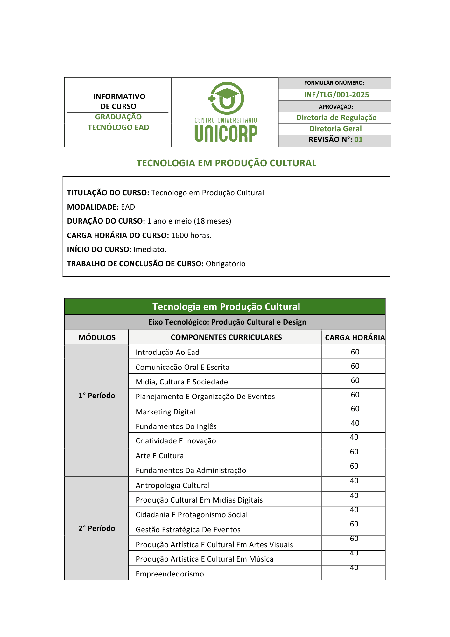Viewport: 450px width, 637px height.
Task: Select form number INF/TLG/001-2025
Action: (336, 95)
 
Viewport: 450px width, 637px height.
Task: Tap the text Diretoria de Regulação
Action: (336, 118)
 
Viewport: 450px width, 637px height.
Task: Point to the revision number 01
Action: (358, 140)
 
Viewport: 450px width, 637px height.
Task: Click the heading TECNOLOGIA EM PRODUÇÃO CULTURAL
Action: (226, 163)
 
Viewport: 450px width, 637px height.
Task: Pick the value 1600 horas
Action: (191, 235)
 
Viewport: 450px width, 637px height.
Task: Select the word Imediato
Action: (150, 249)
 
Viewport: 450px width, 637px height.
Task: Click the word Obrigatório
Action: (225, 264)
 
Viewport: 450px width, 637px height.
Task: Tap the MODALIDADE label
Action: (93, 207)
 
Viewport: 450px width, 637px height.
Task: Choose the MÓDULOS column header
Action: (97, 337)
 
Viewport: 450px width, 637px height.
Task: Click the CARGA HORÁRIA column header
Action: (355, 337)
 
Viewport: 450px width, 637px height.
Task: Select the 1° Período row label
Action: (97, 396)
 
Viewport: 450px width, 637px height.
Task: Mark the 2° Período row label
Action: (97, 528)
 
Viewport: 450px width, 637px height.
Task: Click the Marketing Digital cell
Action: (165, 412)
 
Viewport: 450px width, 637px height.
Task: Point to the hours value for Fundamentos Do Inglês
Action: (355, 423)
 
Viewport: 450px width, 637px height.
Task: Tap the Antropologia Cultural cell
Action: (172, 485)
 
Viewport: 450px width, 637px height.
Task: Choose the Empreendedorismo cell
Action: (170, 574)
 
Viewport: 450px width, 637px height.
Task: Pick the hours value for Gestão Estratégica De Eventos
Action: (354, 524)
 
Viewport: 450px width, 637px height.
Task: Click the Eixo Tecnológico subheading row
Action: (227, 322)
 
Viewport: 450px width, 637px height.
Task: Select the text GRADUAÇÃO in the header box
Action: (118, 117)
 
